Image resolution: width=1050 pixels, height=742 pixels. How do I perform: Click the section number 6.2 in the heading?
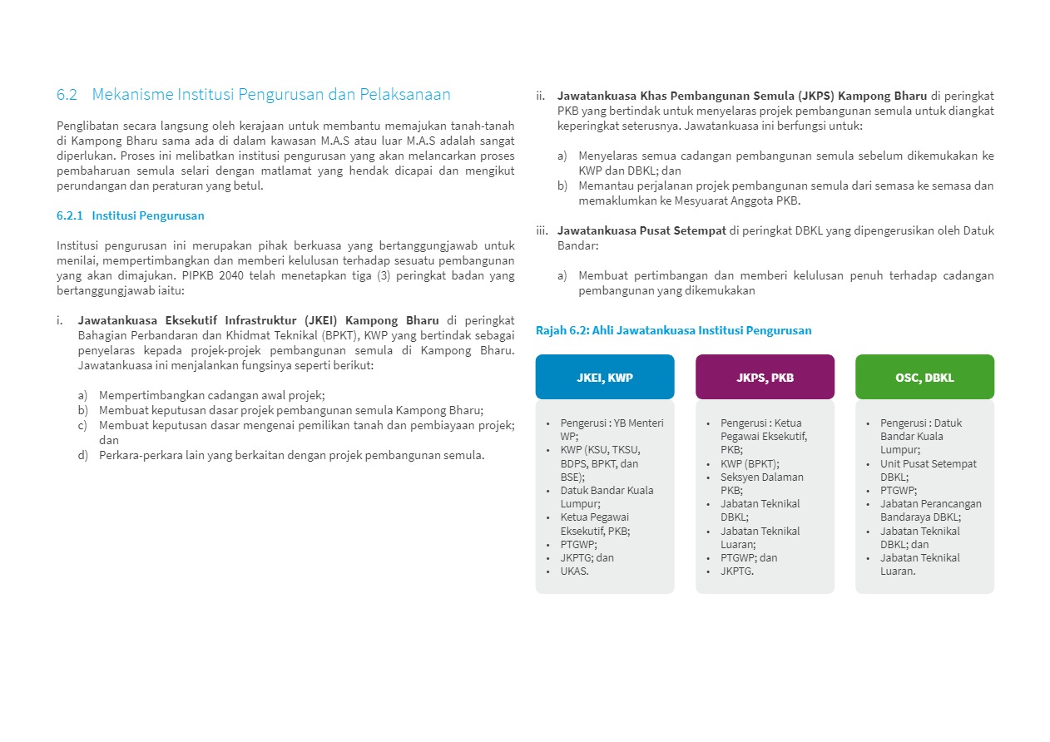coord(67,95)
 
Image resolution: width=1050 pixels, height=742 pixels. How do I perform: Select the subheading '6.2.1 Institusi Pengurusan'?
coord(131,215)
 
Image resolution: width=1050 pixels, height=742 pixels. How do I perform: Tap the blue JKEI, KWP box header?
coord(605,377)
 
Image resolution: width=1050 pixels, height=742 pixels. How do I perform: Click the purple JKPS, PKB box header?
coord(765,377)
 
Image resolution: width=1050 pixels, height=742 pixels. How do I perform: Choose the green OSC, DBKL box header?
coord(924,377)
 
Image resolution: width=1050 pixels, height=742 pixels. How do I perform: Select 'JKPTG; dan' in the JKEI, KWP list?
coord(587,557)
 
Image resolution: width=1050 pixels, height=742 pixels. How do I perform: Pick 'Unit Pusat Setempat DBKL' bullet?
coord(928,470)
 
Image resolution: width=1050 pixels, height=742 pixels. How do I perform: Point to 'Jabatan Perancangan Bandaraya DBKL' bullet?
coord(930,510)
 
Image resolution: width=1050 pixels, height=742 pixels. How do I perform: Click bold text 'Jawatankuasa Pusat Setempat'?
coord(641,230)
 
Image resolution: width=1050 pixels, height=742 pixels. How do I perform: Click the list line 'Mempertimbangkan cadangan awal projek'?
coord(211,395)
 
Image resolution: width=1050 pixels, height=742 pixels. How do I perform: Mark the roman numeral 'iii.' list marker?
coord(542,230)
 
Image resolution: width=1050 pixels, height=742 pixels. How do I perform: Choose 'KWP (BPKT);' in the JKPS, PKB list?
coord(750,463)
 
